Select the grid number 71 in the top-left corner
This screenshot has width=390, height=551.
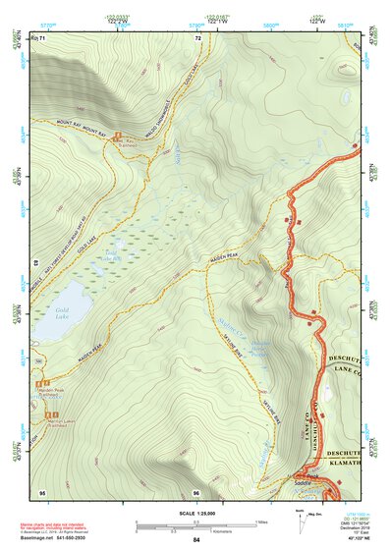click(x=42, y=37)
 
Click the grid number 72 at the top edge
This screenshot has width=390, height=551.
click(x=197, y=37)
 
